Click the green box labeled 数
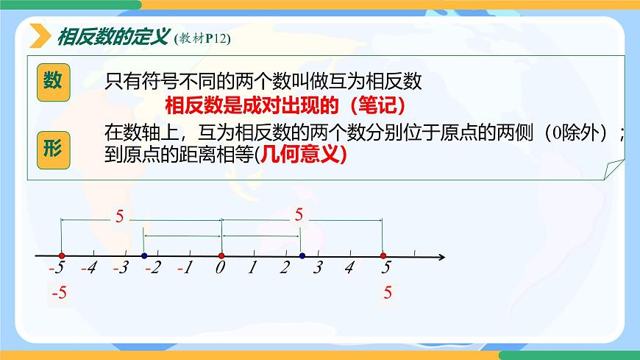coord(53,82)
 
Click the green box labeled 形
coord(53,147)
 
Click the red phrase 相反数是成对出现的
coord(250,105)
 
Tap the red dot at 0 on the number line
coord(221,256)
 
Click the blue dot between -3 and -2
coord(144,256)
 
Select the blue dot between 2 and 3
coord(302,256)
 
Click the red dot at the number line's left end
coord(60,256)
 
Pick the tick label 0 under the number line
coord(220,269)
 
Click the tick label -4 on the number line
coord(89,269)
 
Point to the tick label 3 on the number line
coord(318,269)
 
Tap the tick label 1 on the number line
coord(252,269)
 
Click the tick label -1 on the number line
coord(185,269)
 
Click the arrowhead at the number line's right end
coord(441,257)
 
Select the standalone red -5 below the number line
coord(59,293)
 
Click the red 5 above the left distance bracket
coord(120,216)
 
